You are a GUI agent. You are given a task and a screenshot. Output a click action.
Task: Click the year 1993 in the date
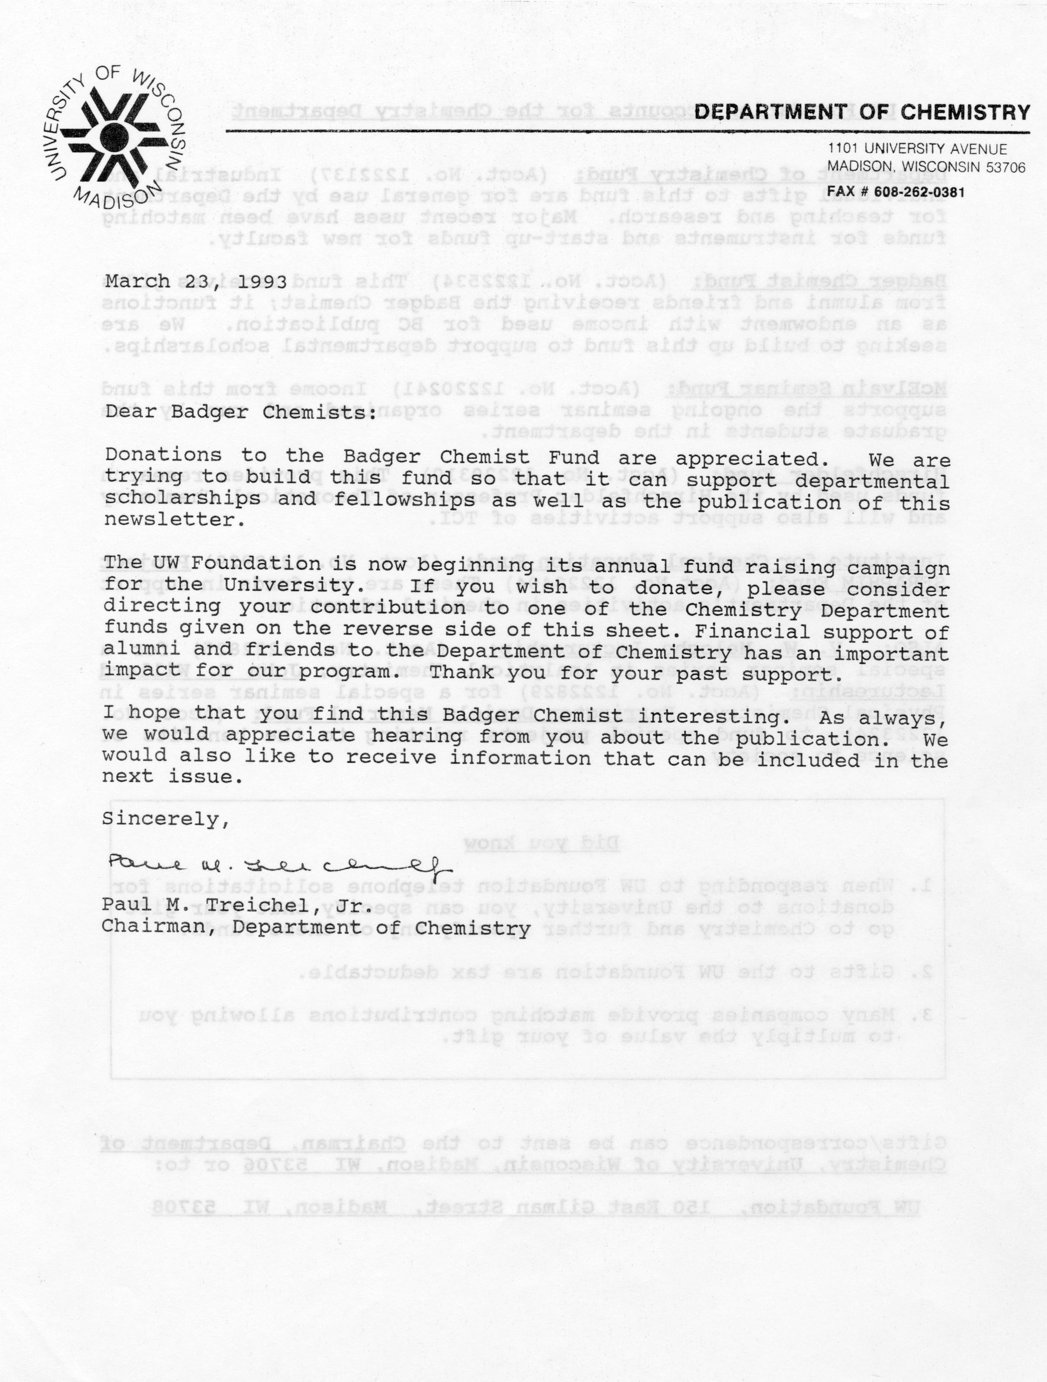(x=263, y=282)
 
